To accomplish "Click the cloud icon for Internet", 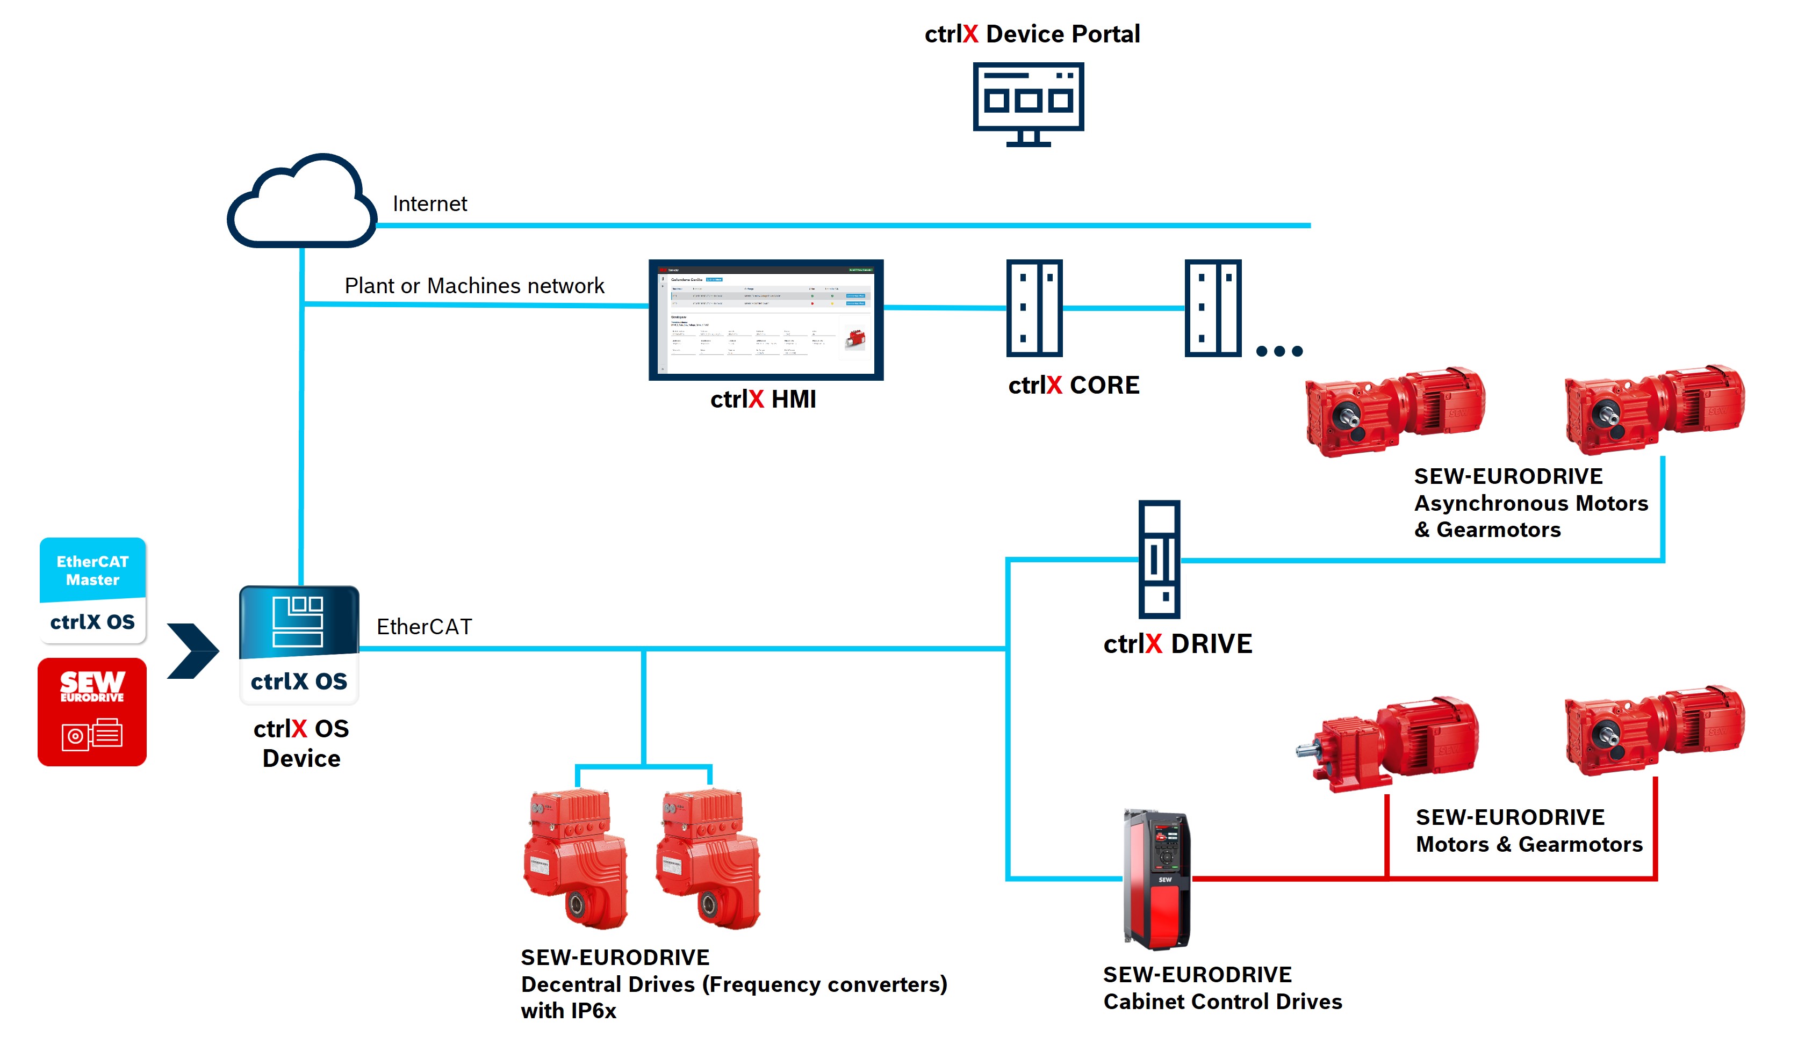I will click(301, 203).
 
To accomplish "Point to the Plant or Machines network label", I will click(474, 286).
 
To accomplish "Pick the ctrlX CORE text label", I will click(1073, 385).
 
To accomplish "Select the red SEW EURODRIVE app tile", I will click(92, 712).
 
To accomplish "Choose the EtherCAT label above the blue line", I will click(424, 627).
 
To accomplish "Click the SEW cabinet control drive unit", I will click(1156, 880).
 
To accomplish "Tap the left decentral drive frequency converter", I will click(576, 858).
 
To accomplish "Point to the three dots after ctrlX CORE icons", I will click(1279, 351).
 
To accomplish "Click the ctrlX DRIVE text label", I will click(1177, 644).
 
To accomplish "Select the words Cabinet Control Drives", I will click(1222, 1002).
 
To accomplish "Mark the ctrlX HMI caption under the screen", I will click(763, 400).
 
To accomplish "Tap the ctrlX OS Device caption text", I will click(301, 744).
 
